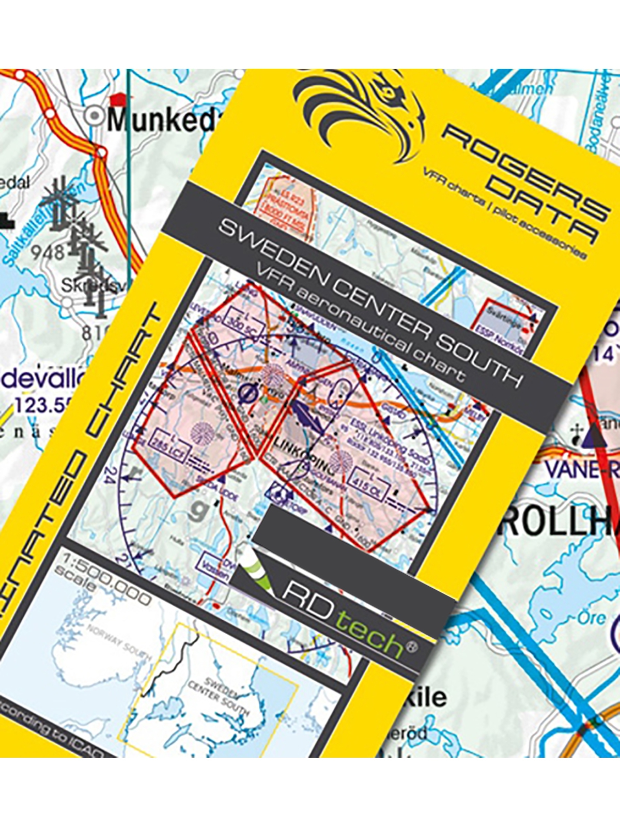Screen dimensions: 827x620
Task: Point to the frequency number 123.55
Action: pos(44,406)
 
